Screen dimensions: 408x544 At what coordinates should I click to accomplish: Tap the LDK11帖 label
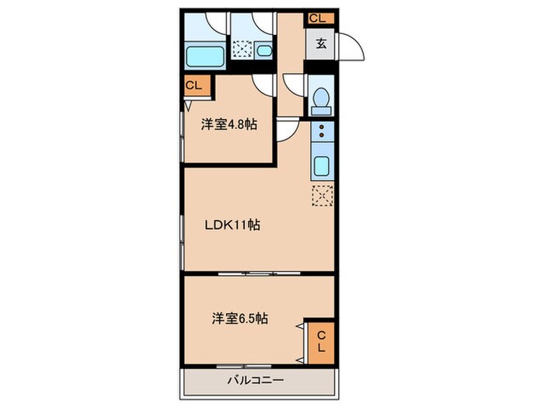pyautogui.click(x=232, y=225)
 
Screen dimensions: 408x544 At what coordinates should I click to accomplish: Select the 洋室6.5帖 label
pyautogui.click(x=241, y=319)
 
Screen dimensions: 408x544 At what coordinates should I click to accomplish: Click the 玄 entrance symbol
pyautogui.click(x=319, y=44)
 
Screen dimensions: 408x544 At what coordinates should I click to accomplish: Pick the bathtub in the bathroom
pyautogui.click(x=205, y=55)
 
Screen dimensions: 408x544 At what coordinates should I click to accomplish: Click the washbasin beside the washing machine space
pyautogui.click(x=264, y=52)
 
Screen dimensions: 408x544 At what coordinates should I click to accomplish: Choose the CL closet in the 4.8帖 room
pyautogui.click(x=194, y=85)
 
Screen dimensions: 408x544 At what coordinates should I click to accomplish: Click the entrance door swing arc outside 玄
pyautogui.click(x=352, y=47)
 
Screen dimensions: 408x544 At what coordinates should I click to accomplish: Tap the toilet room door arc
pyautogui.click(x=295, y=84)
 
